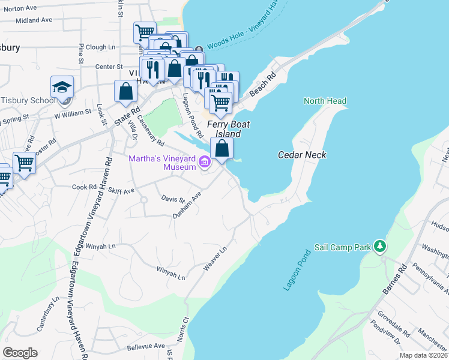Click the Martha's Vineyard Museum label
click(161, 162)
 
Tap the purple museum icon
click(204, 161)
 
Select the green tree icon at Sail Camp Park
click(379, 246)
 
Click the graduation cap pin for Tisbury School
click(62, 87)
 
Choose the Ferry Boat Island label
click(228, 128)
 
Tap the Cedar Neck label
click(302, 155)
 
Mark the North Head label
click(325, 101)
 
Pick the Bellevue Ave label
click(145, 346)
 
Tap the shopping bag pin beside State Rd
click(125, 91)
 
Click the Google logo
click(20, 352)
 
